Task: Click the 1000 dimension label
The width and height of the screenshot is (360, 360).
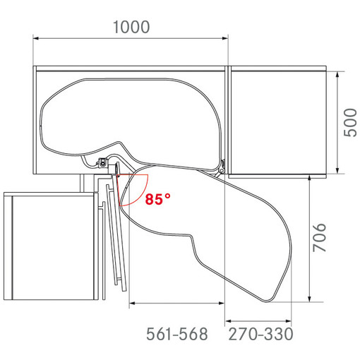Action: tap(131, 27)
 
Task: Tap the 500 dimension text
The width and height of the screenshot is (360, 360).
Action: tap(350, 122)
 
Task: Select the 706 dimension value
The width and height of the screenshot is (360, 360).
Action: tap(319, 237)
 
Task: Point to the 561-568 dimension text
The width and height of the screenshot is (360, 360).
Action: tap(177, 334)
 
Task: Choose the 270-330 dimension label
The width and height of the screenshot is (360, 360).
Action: tap(260, 334)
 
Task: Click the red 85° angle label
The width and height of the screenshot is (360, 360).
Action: tap(157, 199)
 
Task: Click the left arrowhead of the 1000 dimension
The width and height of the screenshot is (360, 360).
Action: tap(36, 37)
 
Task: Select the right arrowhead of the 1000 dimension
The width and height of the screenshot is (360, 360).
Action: tap(225, 37)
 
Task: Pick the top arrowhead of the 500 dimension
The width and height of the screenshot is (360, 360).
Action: tap(337, 74)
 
